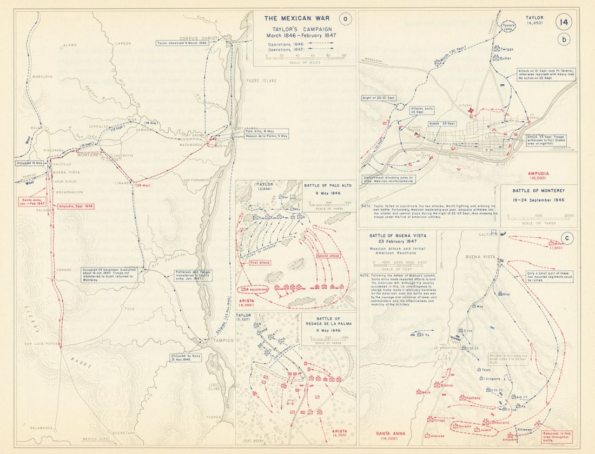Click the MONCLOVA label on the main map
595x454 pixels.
[42, 77]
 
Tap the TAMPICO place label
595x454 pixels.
[223, 340]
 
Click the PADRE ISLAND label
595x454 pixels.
[261, 81]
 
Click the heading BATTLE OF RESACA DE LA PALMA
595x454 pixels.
[327, 323]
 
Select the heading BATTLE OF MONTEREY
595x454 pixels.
[539, 191]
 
